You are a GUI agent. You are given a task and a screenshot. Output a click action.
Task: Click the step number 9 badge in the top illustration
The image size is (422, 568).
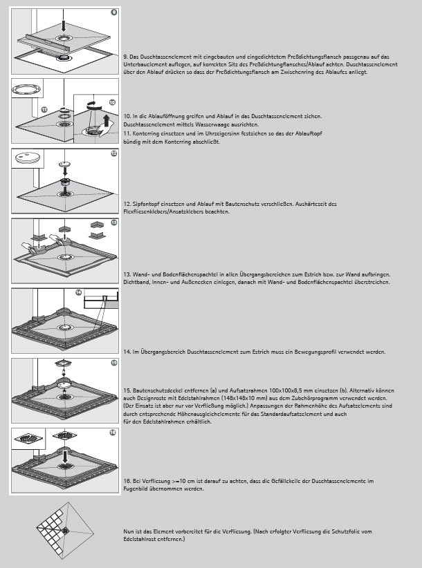113,12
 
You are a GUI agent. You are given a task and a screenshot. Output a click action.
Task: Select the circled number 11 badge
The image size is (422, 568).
44,110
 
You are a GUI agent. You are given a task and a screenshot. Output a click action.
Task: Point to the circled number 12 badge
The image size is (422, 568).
113,153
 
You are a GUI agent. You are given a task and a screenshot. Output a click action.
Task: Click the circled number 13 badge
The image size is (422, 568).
113,224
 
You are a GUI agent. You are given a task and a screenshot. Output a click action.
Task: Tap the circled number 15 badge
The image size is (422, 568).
113,363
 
